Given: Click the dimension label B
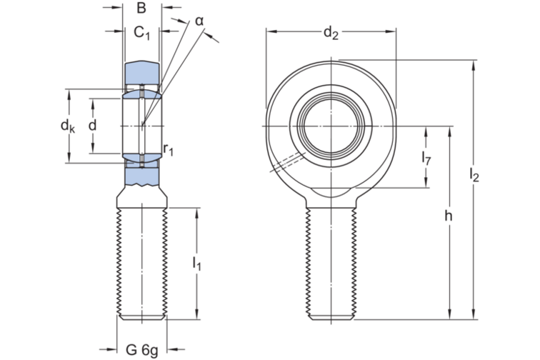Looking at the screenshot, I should click(x=141, y=9).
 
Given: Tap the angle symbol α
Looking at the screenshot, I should click(x=199, y=21).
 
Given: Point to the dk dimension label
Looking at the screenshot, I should click(x=67, y=126).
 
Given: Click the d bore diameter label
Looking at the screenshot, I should click(x=92, y=125).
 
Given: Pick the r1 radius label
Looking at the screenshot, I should click(x=169, y=149).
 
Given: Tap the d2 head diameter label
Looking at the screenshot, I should click(x=330, y=31).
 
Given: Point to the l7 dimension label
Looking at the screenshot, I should click(x=426, y=158).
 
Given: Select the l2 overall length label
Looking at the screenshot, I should click(x=475, y=174).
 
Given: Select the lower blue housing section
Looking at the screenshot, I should click(x=142, y=175).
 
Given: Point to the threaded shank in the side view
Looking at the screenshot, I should click(x=142, y=261).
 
